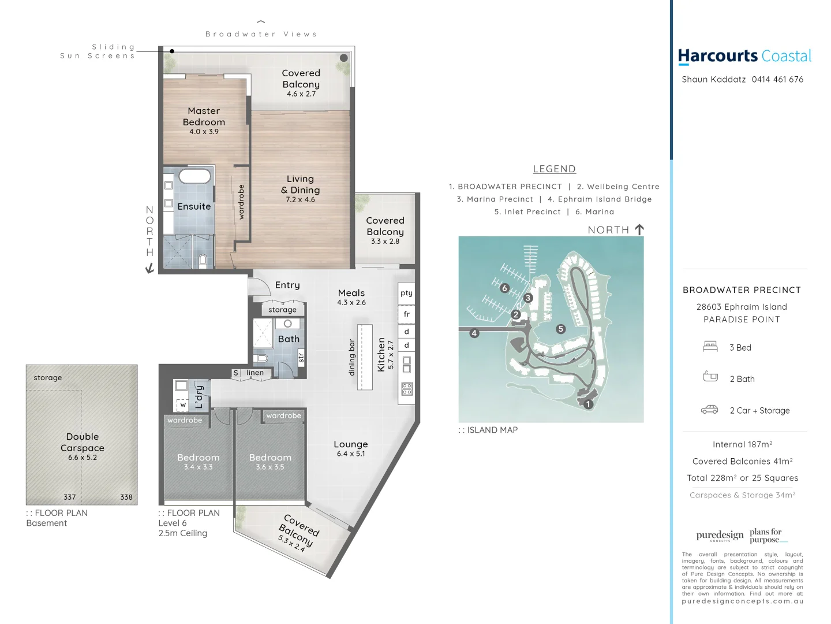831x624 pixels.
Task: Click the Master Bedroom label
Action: (204, 117)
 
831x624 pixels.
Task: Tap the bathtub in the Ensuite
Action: (194, 176)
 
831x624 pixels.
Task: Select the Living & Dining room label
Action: (300, 185)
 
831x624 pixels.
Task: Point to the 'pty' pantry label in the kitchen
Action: (406, 293)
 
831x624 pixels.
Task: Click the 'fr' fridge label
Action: (406, 314)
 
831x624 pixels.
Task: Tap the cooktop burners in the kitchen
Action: (407, 389)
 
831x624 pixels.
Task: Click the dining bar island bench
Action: (365, 357)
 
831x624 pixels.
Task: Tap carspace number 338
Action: (126, 497)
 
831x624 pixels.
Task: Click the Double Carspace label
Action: (83, 442)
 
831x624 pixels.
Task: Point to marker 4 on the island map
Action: (474, 333)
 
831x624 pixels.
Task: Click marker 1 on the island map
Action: (588, 404)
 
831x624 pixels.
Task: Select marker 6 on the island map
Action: (505, 288)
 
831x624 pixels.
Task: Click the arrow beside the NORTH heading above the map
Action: (639, 229)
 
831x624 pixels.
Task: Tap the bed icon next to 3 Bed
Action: (710, 347)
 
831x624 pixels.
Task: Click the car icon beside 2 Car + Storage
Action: (710, 410)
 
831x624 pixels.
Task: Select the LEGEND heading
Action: (554, 169)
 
